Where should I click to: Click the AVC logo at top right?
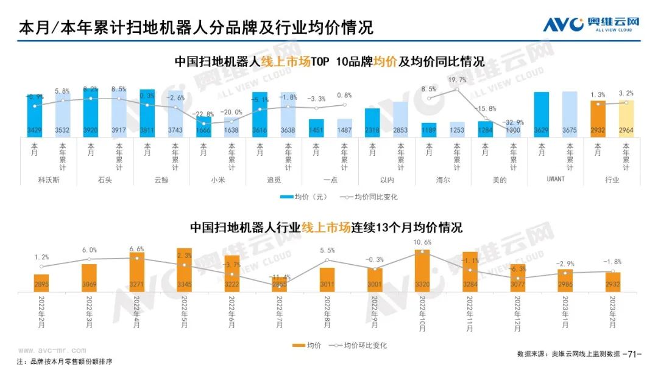point(592,25)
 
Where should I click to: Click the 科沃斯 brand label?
point(49,180)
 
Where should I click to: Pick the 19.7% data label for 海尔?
point(457,80)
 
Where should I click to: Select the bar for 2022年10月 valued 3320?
point(422,271)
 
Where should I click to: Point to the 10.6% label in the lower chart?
point(422,243)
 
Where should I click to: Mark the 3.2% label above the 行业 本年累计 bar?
point(626,93)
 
